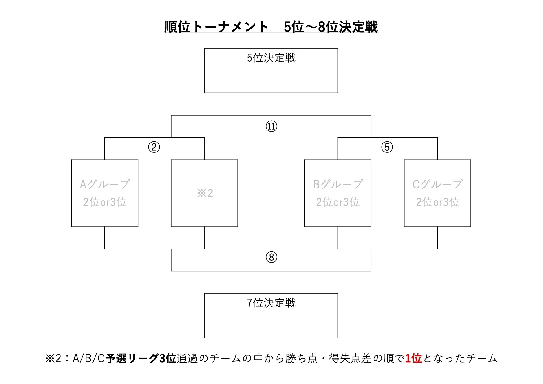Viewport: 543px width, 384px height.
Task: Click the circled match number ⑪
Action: (x=271, y=126)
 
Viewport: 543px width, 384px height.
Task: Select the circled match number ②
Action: (x=154, y=147)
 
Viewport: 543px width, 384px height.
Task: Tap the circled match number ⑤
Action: (x=387, y=147)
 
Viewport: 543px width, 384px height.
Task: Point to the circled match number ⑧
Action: (x=271, y=257)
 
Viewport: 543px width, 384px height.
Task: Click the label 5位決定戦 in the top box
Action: (x=271, y=58)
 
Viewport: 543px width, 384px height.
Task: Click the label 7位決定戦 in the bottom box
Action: (x=271, y=303)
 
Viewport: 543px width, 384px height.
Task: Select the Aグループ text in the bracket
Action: (x=105, y=184)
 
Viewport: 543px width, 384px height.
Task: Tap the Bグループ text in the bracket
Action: (x=338, y=184)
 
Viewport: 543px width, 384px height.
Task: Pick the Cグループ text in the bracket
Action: (x=438, y=184)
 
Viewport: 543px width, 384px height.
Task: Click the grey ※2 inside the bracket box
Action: (x=205, y=193)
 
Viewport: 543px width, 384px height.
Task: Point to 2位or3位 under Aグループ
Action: (x=105, y=202)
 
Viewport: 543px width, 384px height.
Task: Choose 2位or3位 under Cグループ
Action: (x=438, y=202)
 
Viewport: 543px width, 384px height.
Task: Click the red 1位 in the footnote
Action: (x=413, y=359)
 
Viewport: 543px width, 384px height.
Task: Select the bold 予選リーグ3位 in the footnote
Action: (x=141, y=359)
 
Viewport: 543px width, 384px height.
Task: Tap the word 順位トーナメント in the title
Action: (x=216, y=27)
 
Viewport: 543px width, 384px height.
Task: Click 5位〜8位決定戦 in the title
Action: (x=331, y=27)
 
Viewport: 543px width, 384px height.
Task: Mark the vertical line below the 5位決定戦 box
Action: (x=271, y=104)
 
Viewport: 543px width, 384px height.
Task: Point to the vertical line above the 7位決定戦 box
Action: (x=271, y=282)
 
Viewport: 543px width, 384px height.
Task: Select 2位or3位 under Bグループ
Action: (x=338, y=202)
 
